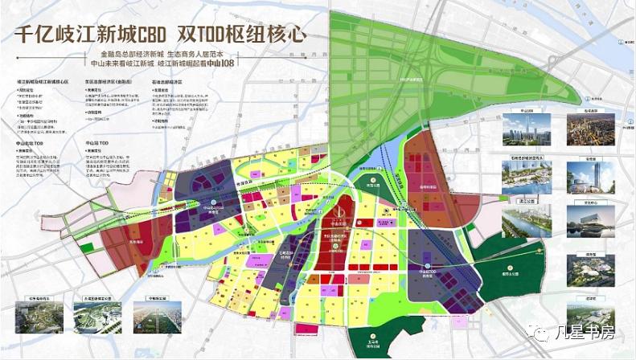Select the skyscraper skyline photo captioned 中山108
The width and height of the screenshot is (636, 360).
(x=527, y=129)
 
